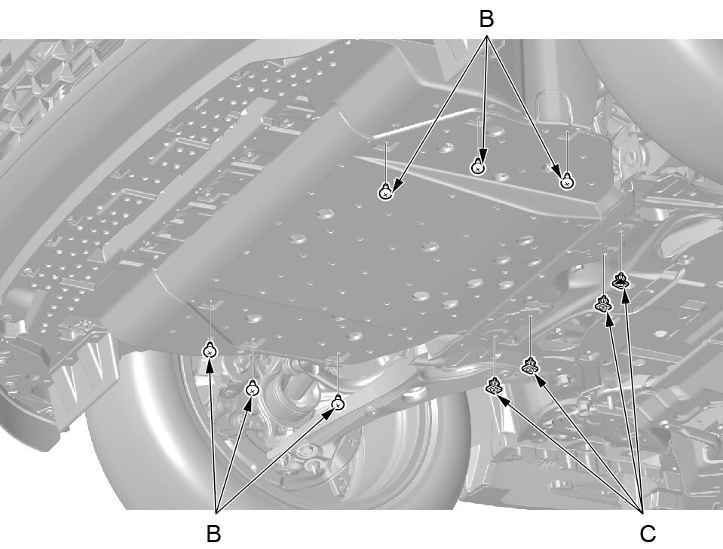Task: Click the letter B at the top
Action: click(486, 20)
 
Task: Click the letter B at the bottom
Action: click(213, 534)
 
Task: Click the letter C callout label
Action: click(648, 534)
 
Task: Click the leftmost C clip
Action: click(495, 386)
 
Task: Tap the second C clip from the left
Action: click(530, 365)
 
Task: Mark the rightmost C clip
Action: click(621, 280)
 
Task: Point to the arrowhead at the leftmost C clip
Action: click(504, 401)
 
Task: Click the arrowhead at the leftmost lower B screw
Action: click(210, 365)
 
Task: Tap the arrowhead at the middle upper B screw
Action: click(483, 154)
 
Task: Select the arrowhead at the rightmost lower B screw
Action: click(328, 413)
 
